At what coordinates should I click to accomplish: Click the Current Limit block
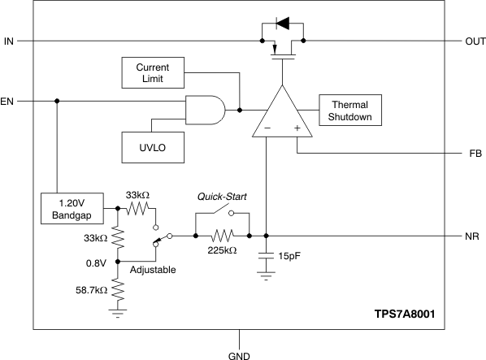click(x=153, y=72)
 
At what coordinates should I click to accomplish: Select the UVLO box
click(x=153, y=146)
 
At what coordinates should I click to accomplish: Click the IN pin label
click(x=9, y=41)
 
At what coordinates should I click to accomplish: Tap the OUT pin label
click(x=474, y=41)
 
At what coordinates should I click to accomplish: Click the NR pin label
click(x=473, y=236)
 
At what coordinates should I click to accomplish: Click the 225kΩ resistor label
click(x=222, y=251)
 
